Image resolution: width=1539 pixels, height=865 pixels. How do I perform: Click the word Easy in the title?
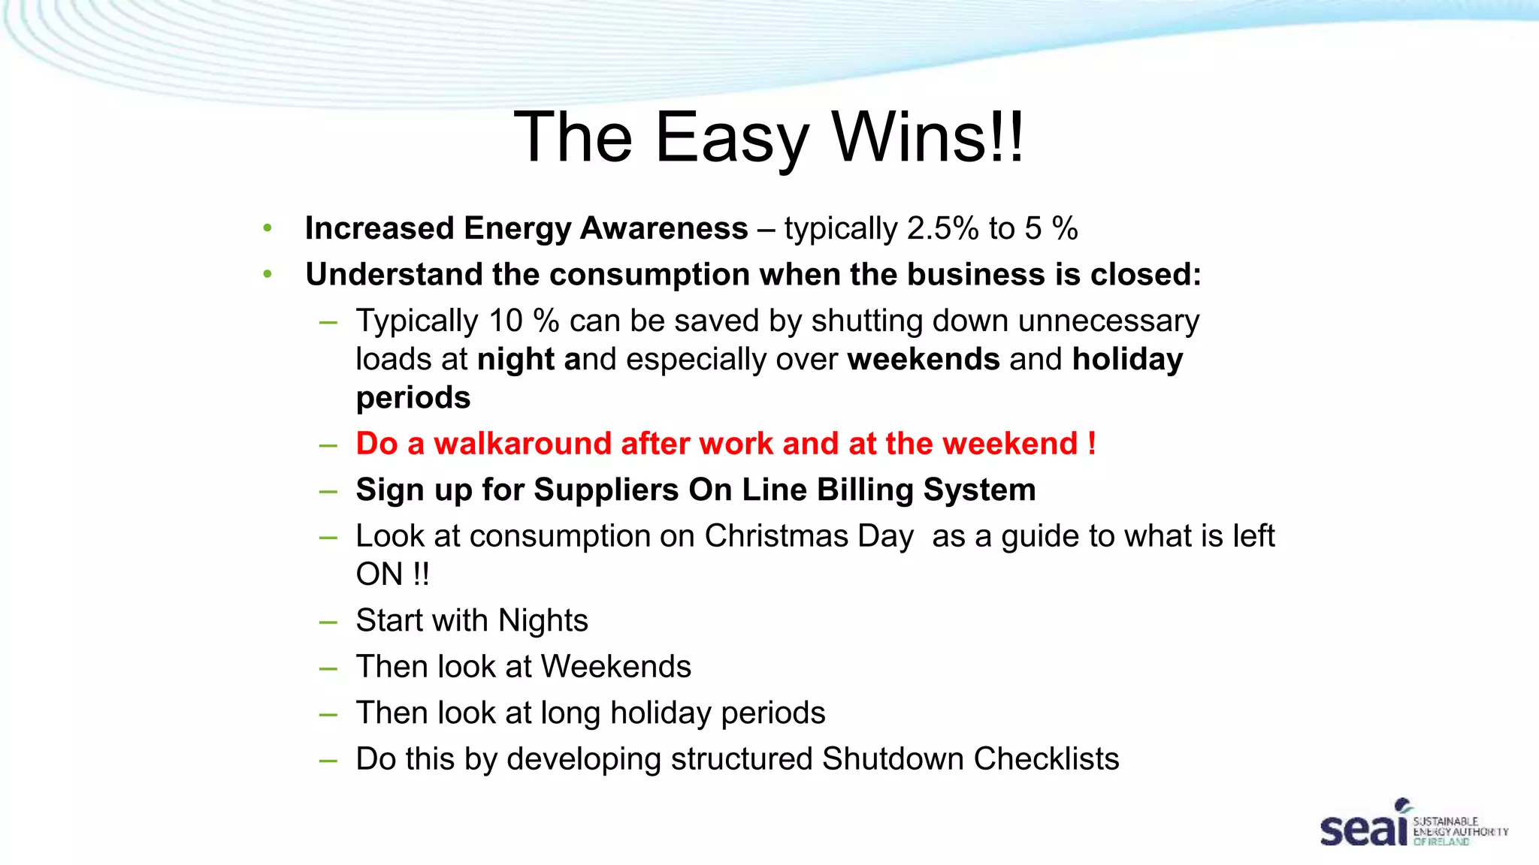[731, 138]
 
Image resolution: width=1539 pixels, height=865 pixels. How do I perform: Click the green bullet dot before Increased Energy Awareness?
[268, 228]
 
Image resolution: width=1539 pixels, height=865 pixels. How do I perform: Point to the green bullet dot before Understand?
[268, 275]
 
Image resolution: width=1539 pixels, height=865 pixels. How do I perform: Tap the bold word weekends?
[924, 359]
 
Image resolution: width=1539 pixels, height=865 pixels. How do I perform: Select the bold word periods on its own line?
[413, 397]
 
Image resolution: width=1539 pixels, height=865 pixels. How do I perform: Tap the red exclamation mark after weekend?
[1091, 443]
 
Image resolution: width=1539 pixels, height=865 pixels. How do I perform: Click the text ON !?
[392, 574]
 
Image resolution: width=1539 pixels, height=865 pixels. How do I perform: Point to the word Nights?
[543, 621]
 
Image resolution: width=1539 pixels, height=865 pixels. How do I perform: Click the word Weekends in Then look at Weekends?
[615, 667]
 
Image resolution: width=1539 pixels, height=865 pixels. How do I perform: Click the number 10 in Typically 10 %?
[506, 321]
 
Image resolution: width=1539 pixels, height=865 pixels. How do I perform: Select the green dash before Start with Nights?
[328, 622]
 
